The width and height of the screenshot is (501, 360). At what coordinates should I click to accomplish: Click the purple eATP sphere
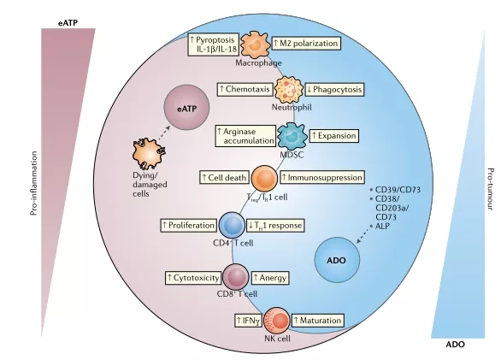(186, 108)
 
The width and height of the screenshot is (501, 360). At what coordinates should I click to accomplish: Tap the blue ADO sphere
(337, 260)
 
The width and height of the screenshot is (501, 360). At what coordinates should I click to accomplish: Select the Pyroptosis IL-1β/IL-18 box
(213, 44)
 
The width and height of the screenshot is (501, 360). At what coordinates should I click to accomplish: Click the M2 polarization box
(306, 44)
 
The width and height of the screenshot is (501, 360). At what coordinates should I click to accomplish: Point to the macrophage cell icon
(255, 44)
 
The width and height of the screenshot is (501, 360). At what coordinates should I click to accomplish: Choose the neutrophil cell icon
(289, 89)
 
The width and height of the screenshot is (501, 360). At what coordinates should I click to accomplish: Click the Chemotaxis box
(245, 89)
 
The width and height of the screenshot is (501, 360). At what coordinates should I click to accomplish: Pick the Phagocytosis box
(334, 90)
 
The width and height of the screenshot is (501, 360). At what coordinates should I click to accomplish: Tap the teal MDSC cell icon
(292, 136)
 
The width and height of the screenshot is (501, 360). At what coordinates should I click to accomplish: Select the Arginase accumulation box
(245, 136)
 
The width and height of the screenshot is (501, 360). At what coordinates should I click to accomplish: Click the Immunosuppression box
(322, 178)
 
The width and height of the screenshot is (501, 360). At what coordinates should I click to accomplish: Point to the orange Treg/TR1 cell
(264, 179)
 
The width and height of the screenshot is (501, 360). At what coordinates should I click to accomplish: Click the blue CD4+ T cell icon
(232, 225)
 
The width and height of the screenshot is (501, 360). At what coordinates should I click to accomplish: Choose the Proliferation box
(188, 226)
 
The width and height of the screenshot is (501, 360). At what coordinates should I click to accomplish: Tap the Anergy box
(270, 278)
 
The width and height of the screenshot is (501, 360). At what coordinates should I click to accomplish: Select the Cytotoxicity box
(193, 278)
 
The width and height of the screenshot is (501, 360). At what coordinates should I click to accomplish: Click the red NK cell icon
(277, 321)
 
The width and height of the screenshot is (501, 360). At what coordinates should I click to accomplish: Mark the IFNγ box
(248, 321)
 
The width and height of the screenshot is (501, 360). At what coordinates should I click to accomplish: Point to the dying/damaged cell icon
(150, 153)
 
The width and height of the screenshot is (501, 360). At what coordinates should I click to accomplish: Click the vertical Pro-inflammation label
(34, 183)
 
